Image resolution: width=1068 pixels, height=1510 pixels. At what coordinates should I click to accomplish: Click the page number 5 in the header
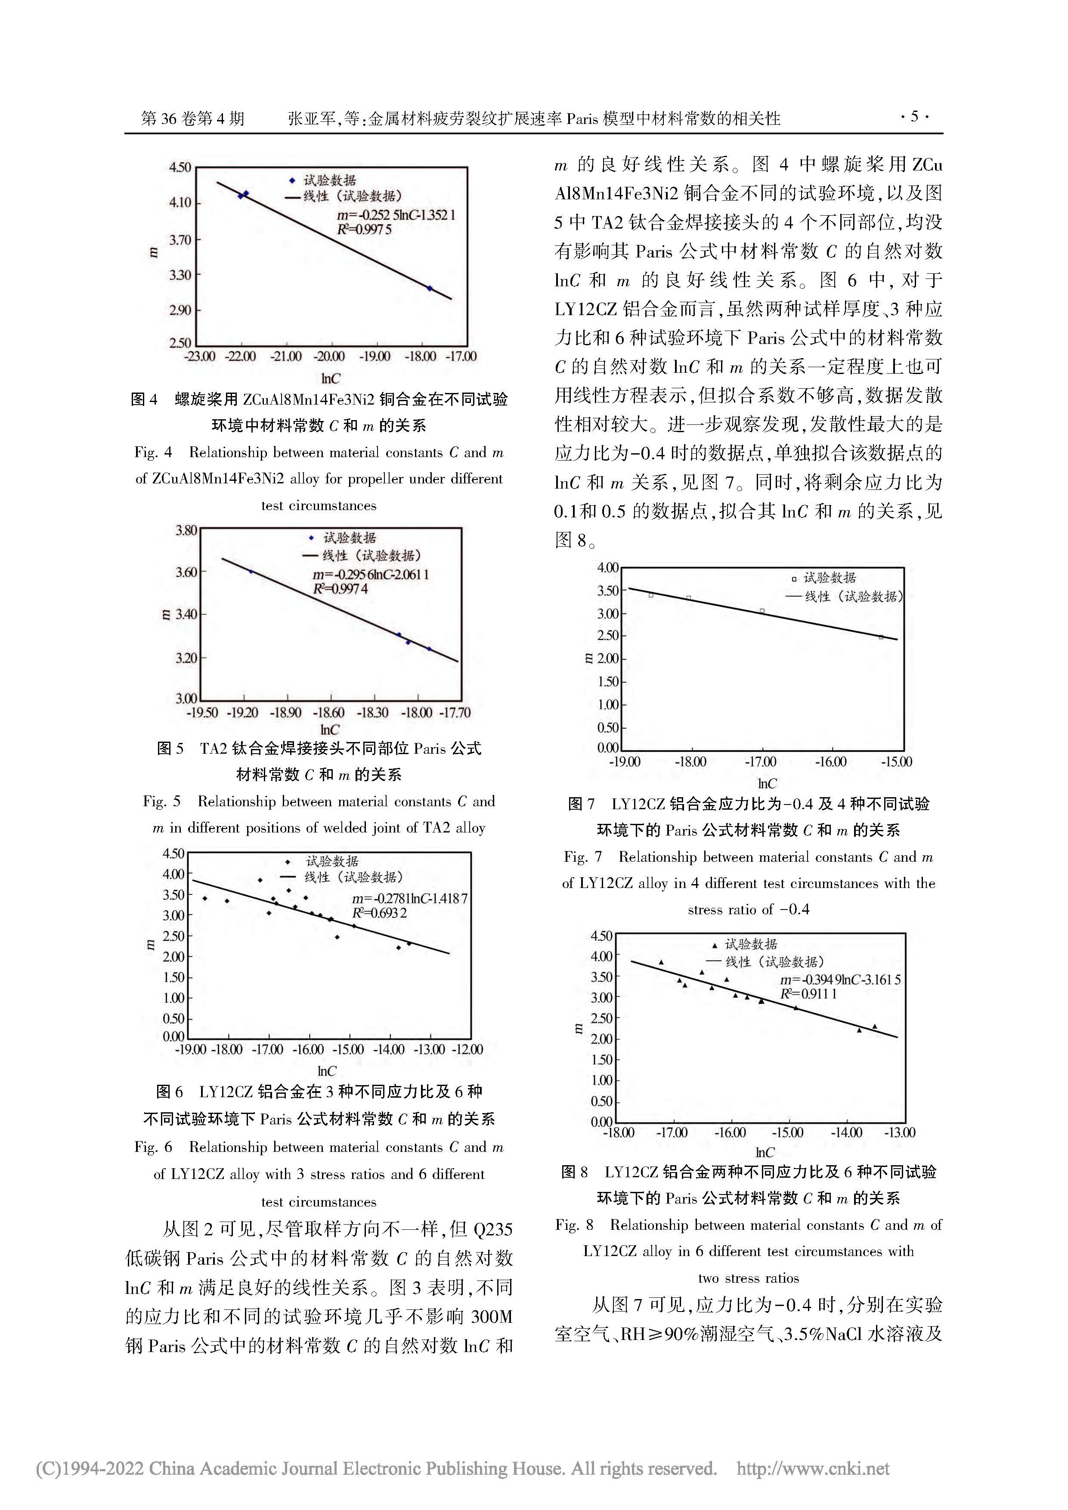[x=913, y=117]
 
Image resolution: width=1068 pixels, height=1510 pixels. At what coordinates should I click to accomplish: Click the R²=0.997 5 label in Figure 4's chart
[x=364, y=229]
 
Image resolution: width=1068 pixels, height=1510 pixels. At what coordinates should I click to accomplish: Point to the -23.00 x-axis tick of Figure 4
[x=199, y=356]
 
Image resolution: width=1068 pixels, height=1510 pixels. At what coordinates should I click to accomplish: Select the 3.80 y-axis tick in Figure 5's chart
[x=186, y=530]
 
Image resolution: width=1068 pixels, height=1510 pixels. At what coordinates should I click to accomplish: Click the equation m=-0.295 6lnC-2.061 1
[x=371, y=574]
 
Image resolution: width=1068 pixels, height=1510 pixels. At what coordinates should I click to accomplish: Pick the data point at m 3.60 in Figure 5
[x=251, y=572]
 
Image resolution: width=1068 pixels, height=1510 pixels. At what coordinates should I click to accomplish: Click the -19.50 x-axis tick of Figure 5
[x=202, y=713]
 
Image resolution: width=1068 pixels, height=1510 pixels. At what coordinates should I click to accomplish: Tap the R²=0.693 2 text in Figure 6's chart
[x=379, y=913]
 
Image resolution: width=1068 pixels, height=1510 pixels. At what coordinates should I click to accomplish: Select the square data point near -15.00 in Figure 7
[x=881, y=637]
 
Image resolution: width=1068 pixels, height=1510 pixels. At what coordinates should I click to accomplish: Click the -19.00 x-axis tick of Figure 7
[x=625, y=762]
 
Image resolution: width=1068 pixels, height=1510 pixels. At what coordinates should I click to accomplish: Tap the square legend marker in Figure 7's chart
[x=794, y=579]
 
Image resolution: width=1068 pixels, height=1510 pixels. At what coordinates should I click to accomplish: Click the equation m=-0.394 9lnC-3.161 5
[x=840, y=980]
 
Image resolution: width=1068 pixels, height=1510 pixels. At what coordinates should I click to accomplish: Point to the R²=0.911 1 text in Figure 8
[x=808, y=994]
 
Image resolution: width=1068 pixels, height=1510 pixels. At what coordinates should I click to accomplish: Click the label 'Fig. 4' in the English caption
[x=153, y=452]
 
